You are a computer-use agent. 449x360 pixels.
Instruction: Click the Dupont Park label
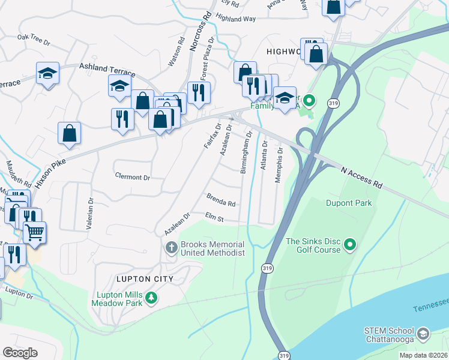click(x=349, y=203)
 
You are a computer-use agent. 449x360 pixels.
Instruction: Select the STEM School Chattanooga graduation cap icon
click(x=423, y=333)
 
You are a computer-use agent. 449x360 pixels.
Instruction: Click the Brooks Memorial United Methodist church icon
click(x=171, y=247)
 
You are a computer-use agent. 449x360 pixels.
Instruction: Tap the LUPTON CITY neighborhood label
click(x=146, y=279)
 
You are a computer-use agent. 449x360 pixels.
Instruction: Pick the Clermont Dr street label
click(x=132, y=178)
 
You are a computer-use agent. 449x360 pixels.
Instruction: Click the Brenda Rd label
click(x=220, y=200)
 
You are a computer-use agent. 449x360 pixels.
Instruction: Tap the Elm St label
click(x=214, y=217)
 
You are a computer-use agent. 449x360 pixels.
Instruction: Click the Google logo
click(x=20, y=353)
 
